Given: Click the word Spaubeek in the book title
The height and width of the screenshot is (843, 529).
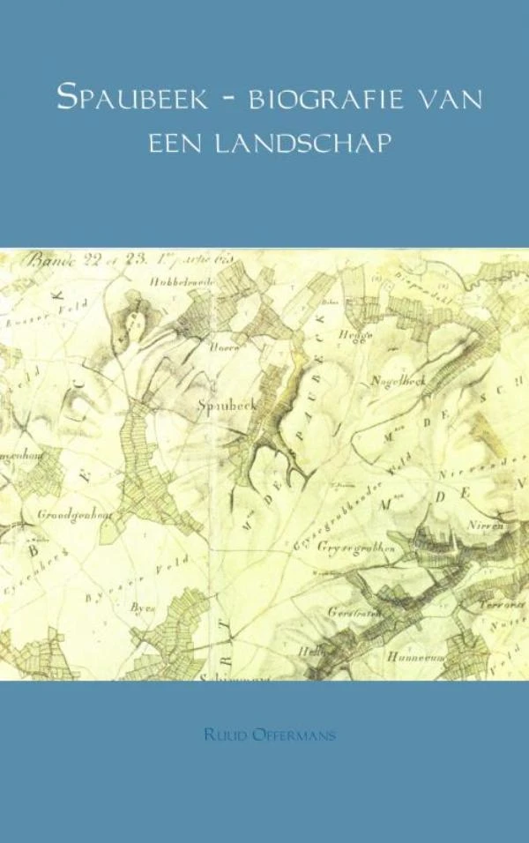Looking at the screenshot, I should (132, 98).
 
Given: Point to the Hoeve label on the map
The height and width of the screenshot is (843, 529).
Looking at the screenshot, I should (224, 347).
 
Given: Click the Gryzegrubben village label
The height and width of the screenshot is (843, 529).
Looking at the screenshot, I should (358, 547).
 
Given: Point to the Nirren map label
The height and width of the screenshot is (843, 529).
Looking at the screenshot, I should (488, 526).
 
